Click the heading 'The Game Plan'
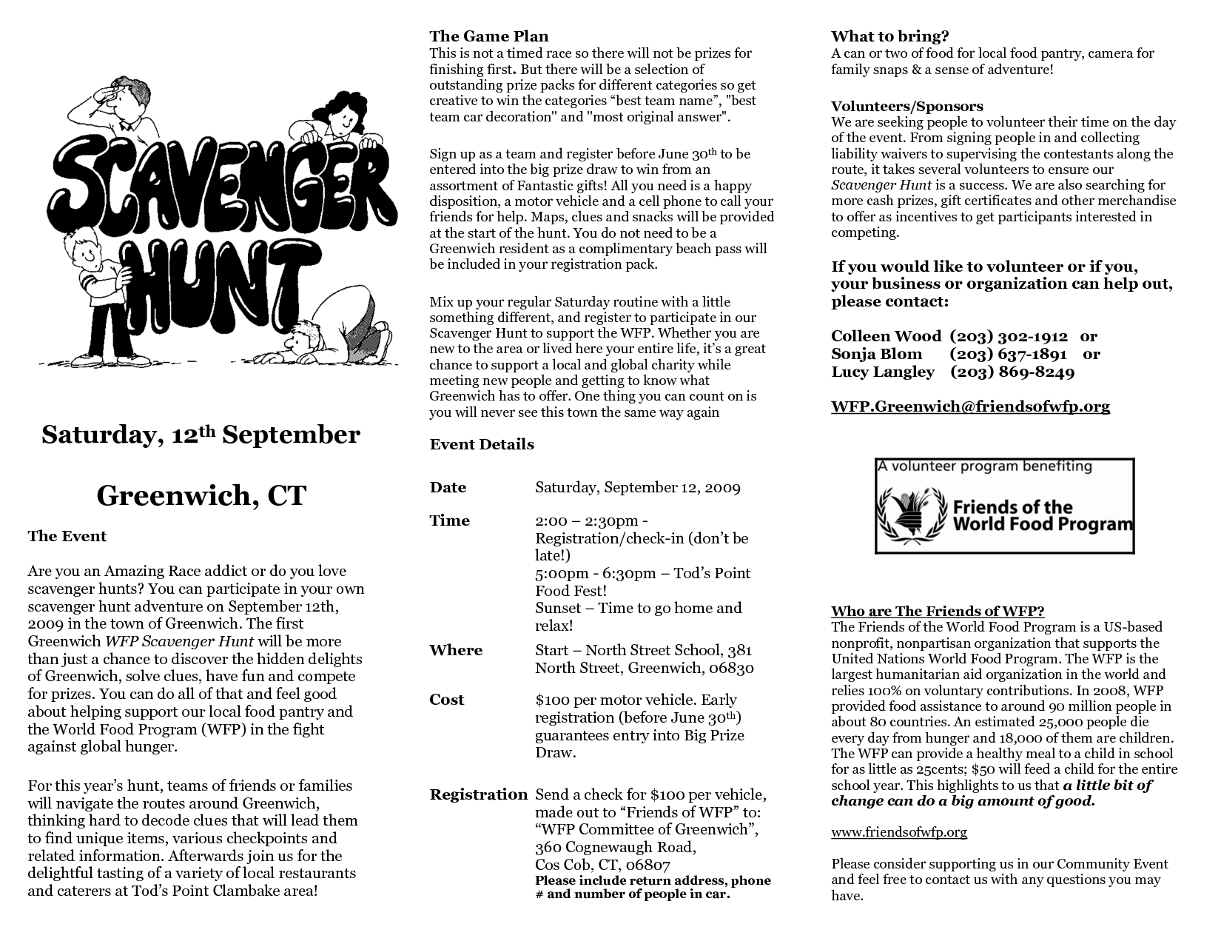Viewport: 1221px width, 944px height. click(488, 36)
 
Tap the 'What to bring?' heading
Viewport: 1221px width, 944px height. click(889, 36)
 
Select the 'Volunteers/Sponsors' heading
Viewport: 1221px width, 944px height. click(906, 106)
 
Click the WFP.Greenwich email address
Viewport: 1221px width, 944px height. click(970, 406)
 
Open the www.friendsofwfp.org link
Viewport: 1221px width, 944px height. click(898, 832)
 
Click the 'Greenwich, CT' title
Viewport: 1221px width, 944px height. click(201, 495)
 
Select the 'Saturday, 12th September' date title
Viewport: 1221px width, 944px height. click(201, 435)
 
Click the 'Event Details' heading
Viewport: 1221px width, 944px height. click(482, 444)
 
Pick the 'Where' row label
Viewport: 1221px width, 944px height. click(456, 650)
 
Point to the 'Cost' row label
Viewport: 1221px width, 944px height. click(447, 700)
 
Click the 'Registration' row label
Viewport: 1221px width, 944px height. click(478, 794)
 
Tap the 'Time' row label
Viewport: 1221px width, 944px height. click(450, 520)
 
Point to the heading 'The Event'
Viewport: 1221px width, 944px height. click(67, 536)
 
